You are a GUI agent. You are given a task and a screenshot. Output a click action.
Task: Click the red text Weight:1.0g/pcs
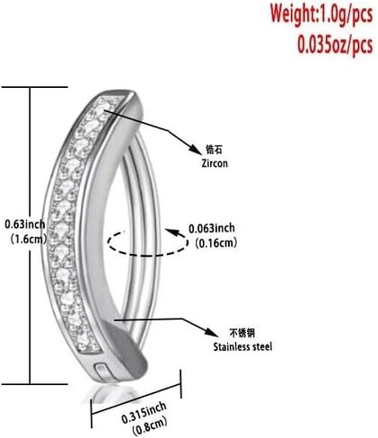click(321, 14)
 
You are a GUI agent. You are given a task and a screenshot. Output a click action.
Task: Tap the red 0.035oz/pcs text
click(335, 46)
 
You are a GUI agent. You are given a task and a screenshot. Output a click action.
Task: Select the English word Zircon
click(215, 163)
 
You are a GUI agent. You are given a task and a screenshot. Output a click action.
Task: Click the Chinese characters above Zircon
click(215, 149)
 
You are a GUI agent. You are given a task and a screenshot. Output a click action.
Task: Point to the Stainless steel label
click(242, 346)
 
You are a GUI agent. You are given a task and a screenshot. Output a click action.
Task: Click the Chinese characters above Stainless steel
click(242, 333)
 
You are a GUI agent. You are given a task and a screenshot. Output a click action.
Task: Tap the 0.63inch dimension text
click(25, 224)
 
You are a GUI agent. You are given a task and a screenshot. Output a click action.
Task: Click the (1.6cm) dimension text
click(29, 239)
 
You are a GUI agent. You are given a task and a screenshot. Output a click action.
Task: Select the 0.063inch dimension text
click(212, 229)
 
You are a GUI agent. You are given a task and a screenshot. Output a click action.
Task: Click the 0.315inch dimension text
click(144, 413)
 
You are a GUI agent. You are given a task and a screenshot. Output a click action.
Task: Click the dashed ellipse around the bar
click(148, 255)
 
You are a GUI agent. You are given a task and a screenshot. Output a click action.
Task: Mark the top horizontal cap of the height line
click(35, 87)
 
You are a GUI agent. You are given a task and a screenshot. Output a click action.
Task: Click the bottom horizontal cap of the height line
click(35, 384)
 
